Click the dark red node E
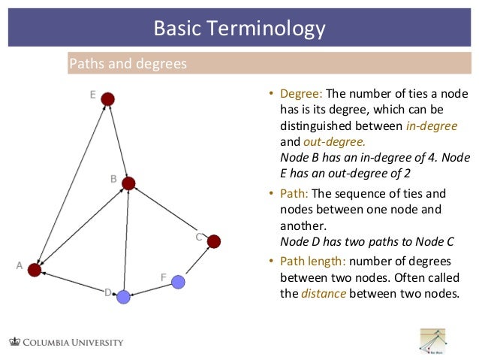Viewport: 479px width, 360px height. [108, 98]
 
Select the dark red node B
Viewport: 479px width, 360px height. [128, 183]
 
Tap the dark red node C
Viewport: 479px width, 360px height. [214, 241]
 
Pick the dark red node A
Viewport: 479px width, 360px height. [34, 270]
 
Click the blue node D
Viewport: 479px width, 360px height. [124, 297]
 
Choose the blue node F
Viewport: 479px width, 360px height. [178, 282]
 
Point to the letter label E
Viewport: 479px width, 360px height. [92, 95]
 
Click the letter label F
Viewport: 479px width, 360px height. [163, 277]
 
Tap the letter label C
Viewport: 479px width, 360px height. [199, 237]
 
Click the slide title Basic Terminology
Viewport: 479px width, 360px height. [239, 29]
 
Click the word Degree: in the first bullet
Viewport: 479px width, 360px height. [301, 94]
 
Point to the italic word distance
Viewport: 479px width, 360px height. [324, 293]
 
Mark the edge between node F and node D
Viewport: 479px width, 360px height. [151, 289]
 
